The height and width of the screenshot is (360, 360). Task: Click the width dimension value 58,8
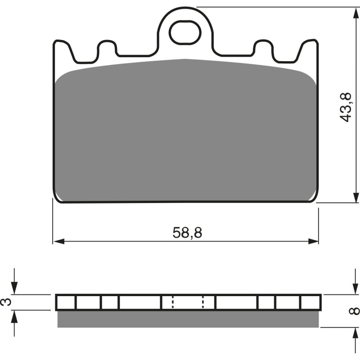tap(187, 233)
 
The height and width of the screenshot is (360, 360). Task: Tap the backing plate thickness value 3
tap(6, 302)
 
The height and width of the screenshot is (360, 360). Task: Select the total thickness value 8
tap(355, 310)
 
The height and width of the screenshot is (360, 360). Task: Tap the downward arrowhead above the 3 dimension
tap(15, 290)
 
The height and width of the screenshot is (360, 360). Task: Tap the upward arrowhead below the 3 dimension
tap(15, 315)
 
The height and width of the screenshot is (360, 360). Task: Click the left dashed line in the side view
tap(172, 302)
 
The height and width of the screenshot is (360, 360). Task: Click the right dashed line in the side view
tap(203, 302)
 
